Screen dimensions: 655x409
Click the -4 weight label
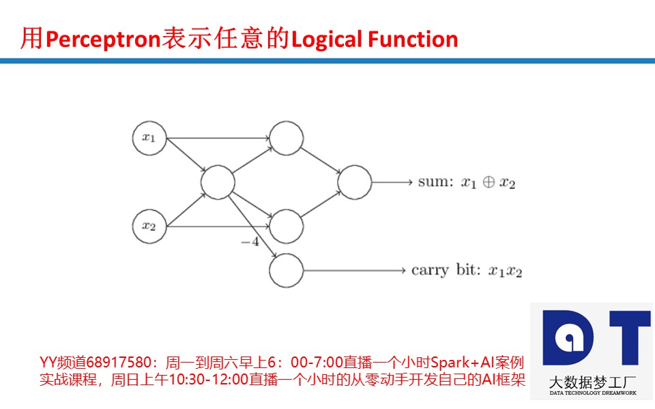(x=250, y=241)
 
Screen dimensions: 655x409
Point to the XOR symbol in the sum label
(x=489, y=183)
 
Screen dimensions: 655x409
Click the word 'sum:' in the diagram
(x=435, y=182)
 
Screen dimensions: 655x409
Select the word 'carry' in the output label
(x=430, y=271)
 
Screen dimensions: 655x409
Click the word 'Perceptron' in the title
(x=103, y=40)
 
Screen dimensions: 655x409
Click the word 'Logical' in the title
(x=327, y=40)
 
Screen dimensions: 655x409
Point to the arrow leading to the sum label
(x=392, y=182)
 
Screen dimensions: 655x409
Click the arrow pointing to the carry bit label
(x=355, y=271)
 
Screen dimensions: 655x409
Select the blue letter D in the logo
(x=568, y=337)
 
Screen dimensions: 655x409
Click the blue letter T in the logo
(x=630, y=337)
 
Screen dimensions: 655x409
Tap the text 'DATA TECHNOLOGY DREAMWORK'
(x=593, y=393)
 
